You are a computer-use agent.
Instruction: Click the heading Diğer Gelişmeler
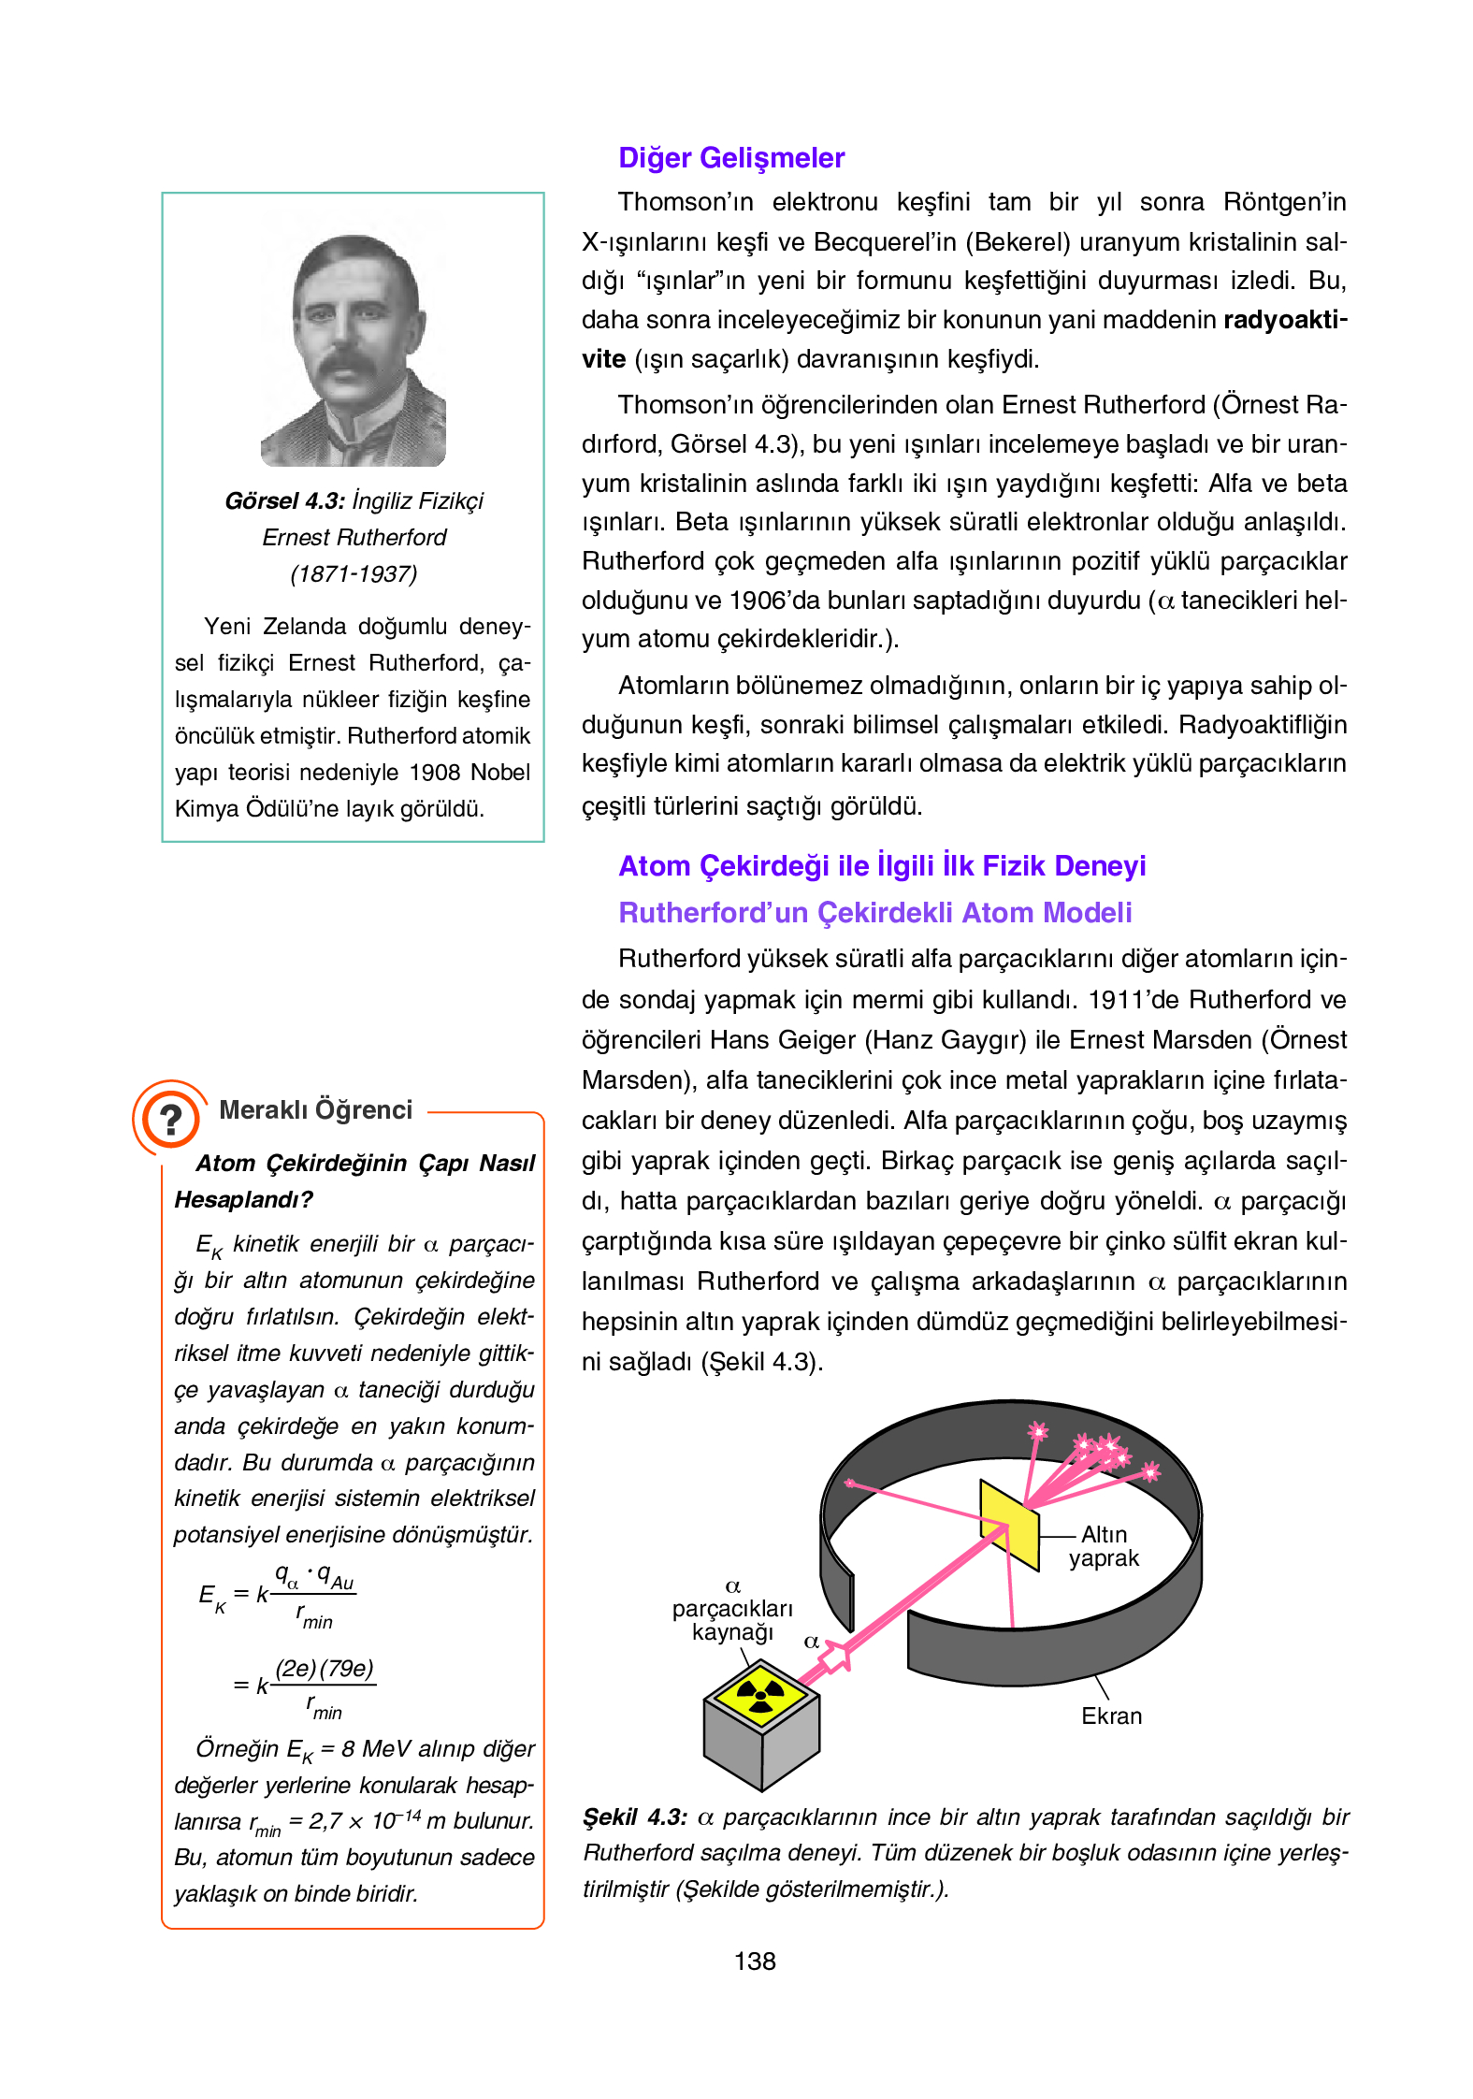click(x=731, y=158)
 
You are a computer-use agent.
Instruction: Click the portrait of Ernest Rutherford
click(x=354, y=351)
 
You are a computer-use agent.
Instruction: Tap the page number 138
click(x=755, y=1961)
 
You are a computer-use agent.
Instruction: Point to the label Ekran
click(x=1111, y=1716)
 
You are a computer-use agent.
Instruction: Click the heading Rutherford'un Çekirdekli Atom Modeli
click(x=874, y=913)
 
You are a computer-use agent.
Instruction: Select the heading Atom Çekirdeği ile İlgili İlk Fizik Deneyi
click(x=882, y=866)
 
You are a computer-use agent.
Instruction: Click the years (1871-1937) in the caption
click(x=354, y=574)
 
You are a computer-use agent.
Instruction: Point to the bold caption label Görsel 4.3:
click(x=284, y=501)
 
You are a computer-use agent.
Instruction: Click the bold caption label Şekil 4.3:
click(x=635, y=1817)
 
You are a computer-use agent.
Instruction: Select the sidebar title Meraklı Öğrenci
click(x=315, y=1110)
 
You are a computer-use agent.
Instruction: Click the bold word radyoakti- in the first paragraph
click(x=1285, y=321)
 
